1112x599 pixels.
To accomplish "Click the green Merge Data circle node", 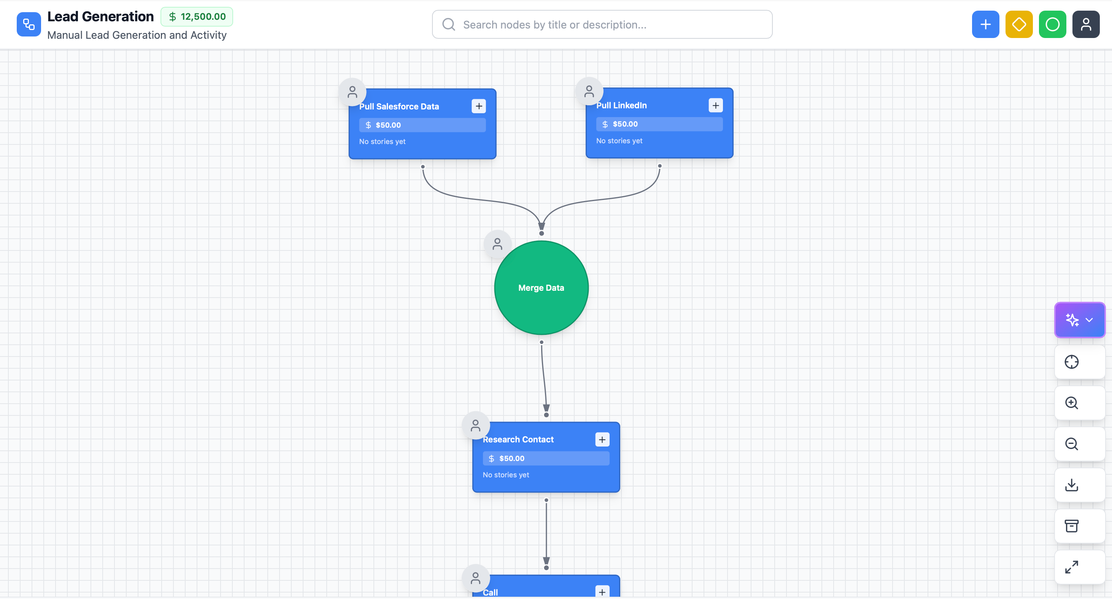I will pyautogui.click(x=541, y=287).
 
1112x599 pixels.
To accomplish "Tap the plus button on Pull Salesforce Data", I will pyautogui.click(x=479, y=106).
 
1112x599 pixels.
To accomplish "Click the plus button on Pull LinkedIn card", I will pyautogui.click(x=715, y=105).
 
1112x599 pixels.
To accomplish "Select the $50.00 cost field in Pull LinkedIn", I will pyautogui.click(x=659, y=124).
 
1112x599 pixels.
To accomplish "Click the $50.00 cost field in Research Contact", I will pyautogui.click(x=546, y=458).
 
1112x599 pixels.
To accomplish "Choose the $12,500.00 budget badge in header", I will pyautogui.click(x=197, y=17).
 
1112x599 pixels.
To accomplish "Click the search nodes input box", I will pyautogui.click(x=602, y=25).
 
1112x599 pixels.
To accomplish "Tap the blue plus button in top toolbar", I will pyautogui.click(x=985, y=25).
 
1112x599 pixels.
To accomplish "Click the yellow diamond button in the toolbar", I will pyautogui.click(x=1019, y=25).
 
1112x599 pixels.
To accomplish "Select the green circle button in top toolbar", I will pyautogui.click(x=1052, y=25).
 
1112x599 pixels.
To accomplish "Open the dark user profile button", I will pyautogui.click(x=1086, y=25).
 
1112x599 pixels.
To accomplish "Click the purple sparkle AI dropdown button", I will pyautogui.click(x=1079, y=320).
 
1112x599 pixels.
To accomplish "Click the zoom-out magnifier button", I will pyautogui.click(x=1071, y=444).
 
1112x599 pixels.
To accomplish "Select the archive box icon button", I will pyautogui.click(x=1071, y=526).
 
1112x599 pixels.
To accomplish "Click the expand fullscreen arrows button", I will pyautogui.click(x=1071, y=567).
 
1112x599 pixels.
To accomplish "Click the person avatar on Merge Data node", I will pyautogui.click(x=497, y=244).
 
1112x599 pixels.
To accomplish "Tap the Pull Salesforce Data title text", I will pyautogui.click(x=399, y=106).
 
